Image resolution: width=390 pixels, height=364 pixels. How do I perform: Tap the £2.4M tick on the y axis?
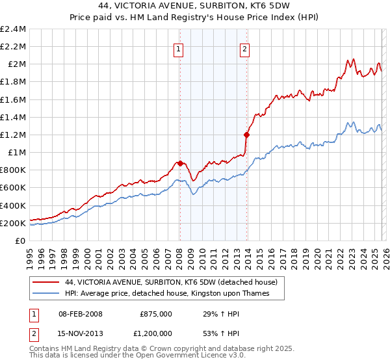click(x=14, y=29)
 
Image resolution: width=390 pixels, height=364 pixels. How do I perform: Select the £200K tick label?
click(x=14, y=223)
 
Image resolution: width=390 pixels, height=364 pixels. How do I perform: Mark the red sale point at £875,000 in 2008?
click(x=180, y=163)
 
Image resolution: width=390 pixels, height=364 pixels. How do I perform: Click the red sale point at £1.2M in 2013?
click(x=246, y=135)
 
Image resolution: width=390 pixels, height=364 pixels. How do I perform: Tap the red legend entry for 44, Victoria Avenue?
click(x=172, y=282)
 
